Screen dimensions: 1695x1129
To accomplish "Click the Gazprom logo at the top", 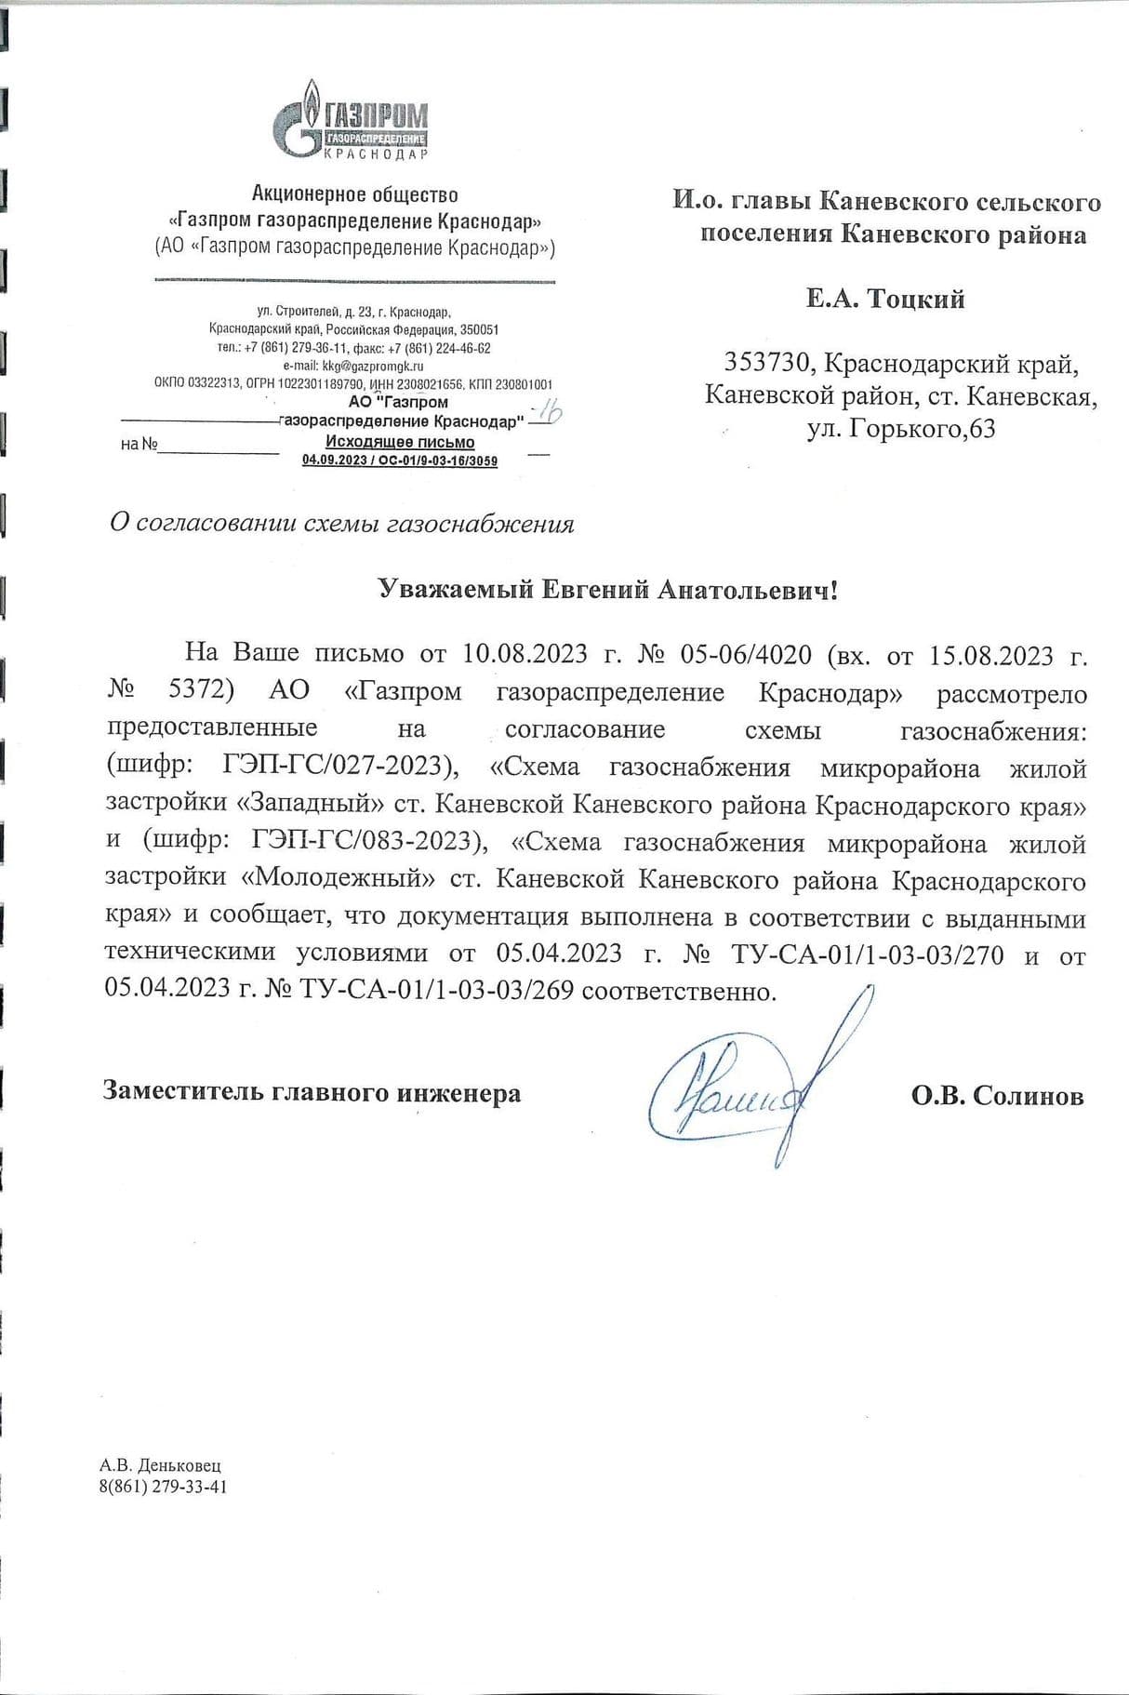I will tap(352, 118).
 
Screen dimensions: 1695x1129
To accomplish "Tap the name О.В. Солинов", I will tap(997, 1096).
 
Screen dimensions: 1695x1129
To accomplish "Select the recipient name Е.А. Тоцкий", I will tap(884, 299).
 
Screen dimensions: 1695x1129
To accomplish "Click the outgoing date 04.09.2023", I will tap(332, 460).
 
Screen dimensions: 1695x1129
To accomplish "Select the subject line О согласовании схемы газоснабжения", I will tap(341, 524).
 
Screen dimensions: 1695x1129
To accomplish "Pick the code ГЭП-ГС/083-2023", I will tap(364, 842).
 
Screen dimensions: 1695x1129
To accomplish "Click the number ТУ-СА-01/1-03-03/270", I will tap(868, 955).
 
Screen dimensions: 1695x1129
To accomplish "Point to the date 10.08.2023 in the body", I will tap(525, 654).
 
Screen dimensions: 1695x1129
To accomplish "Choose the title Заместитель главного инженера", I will tap(312, 1092).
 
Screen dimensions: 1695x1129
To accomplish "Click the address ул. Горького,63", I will tap(901, 430).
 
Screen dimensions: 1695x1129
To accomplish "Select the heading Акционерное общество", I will tap(354, 194).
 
